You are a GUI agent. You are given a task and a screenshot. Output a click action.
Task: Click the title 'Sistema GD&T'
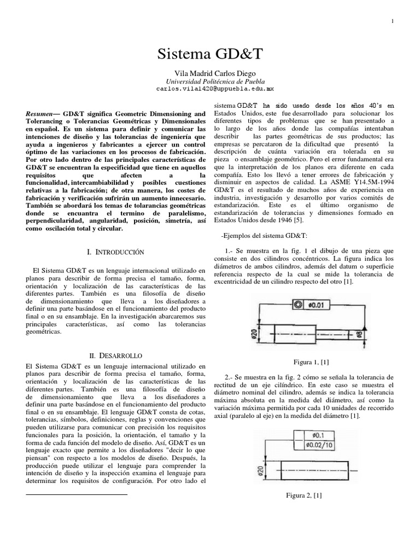pyautogui.click(x=210, y=54)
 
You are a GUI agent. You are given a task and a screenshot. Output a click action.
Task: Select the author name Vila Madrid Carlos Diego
pyautogui.click(x=210, y=73)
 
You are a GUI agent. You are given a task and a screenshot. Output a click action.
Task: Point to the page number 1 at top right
pyautogui.click(x=393, y=21)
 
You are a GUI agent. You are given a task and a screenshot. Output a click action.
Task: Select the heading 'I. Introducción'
pyautogui.click(x=115, y=252)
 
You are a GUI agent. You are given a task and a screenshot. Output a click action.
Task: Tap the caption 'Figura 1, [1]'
pyautogui.click(x=311, y=362)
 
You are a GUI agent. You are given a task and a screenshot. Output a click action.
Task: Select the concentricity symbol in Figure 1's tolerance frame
pyautogui.click(x=297, y=304)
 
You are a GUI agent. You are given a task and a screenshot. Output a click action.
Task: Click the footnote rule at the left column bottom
pyautogui.click(x=77, y=494)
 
